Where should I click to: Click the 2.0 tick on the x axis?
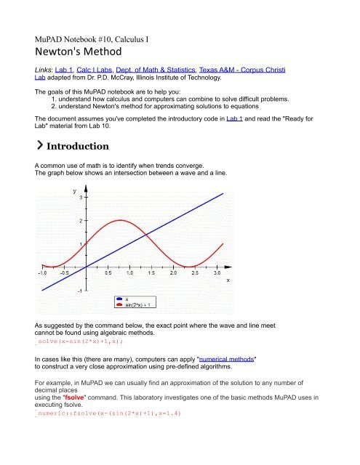click(172, 273)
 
